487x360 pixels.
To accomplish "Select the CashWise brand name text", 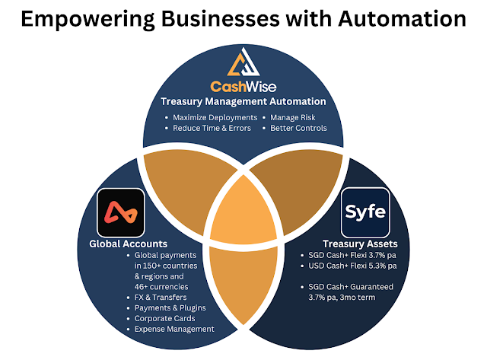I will (243, 86).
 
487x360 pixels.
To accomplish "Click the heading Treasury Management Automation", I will (243, 102).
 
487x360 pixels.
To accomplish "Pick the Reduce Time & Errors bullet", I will (211, 128).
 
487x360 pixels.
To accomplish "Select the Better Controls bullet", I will (298, 128).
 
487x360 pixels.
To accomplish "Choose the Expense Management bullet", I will (174, 329).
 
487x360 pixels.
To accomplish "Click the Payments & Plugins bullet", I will (168, 307).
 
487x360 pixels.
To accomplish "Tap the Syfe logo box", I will (365, 212).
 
